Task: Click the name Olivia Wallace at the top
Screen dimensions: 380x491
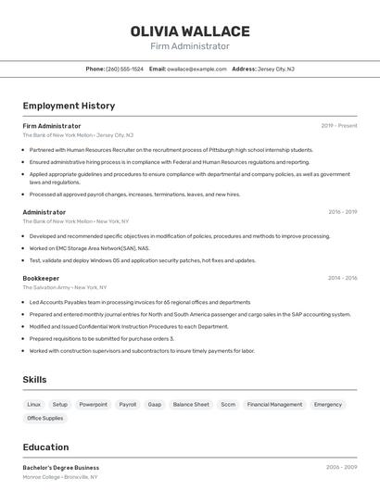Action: [x=190, y=31]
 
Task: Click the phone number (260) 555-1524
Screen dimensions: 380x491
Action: [x=124, y=69]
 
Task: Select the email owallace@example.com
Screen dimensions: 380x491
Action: [x=196, y=69]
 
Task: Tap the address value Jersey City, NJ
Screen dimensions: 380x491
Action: [x=276, y=69]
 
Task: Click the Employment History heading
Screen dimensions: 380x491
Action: [x=69, y=106]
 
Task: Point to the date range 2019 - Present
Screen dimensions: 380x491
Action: [x=339, y=126]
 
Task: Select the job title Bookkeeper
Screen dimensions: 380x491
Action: [x=41, y=278]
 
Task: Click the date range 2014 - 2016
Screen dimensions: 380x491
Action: [x=342, y=278]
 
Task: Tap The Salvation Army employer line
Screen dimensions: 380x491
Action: [x=65, y=287]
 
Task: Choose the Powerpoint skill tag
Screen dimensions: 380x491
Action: [x=93, y=405]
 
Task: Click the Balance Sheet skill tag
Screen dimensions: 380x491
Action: [x=191, y=405]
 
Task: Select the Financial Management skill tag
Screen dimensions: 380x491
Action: [x=274, y=405]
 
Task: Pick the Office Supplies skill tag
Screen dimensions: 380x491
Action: [x=45, y=419]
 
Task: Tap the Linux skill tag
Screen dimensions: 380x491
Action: [x=33, y=405]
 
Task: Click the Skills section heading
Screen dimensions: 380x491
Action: [x=34, y=380]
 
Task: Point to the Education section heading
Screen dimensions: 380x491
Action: [x=45, y=447]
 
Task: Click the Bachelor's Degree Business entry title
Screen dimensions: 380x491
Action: [x=60, y=468]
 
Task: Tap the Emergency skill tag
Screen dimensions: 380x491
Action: [x=328, y=405]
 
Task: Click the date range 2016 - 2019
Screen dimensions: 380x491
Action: [x=342, y=212]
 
